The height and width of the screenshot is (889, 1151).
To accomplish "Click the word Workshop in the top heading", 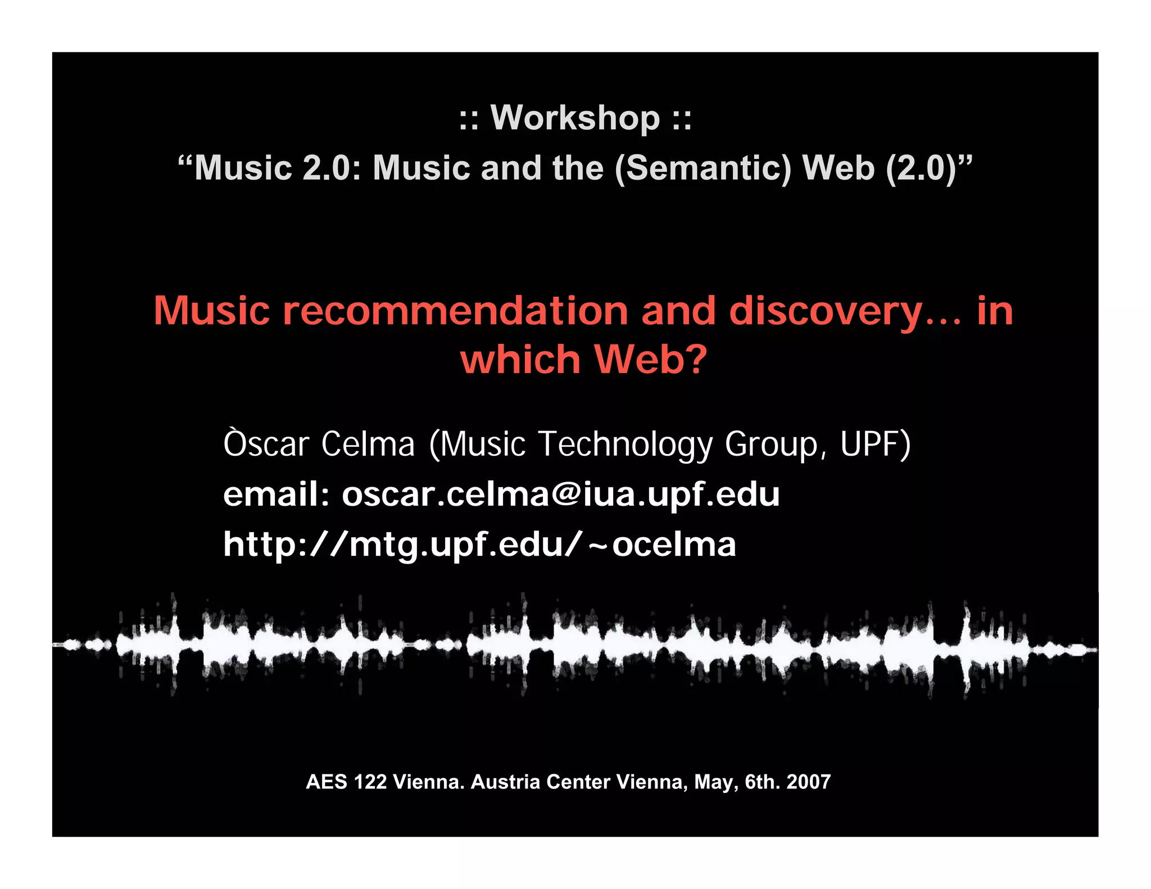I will tap(575, 118).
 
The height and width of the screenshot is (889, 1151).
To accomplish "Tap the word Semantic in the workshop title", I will tap(703, 168).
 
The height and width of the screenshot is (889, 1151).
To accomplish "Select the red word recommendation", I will tap(455, 311).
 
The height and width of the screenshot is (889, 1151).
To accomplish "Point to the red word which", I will tap(520, 360).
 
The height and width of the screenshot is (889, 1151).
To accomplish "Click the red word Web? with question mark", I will tap(650, 360).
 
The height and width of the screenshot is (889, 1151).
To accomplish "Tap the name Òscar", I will tap(266, 444).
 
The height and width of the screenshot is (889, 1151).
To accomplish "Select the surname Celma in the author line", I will tap(368, 444).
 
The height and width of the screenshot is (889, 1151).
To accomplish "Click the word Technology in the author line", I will tap(626, 444).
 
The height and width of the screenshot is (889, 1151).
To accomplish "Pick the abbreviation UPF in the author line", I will tap(870, 444).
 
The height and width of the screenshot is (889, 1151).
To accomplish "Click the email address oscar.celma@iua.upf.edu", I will tap(561, 495).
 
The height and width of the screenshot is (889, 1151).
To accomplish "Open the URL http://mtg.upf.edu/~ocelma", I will tap(479, 545).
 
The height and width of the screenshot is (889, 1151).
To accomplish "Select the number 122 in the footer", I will tap(370, 782).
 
